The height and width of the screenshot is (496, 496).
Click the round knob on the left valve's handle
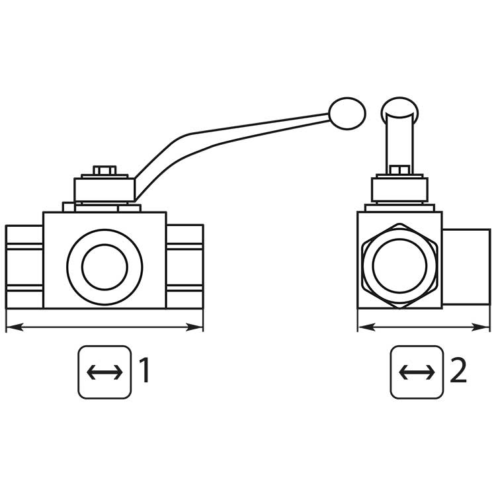pyautogui.click(x=347, y=113)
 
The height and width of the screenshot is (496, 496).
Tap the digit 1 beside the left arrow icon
pyautogui.click(x=144, y=370)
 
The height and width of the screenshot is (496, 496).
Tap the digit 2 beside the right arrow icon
pyautogui.click(x=458, y=370)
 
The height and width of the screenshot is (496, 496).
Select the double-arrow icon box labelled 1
pyautogui.click(x=104, y=372)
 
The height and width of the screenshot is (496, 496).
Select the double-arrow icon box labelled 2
pyautogui.click(x=417, y=372)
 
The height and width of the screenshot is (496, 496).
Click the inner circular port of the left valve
pyautogui.click(x=104, y=267)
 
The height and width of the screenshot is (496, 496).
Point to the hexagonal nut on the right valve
pyautogui.click(x=400, y=266)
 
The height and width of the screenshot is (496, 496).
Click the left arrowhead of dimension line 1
pyautogui.click(x=15, y=327)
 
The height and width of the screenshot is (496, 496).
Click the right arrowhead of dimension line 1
pyautogui.click(x=194, y=327)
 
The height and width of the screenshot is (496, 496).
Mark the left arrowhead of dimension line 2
pyautogui.click(x=366, y=327)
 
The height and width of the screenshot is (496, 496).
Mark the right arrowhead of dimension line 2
pyautogui.click(x=481, y=327)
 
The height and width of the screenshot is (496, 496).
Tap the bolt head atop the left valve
pyautogui.click(x=104, y=170)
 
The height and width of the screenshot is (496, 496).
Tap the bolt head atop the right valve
pyautogui.click(x=400, y=170)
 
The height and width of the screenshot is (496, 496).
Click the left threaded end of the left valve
pyautogui.click(x=24, y=267)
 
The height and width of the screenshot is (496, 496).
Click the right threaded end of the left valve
pyautogui.click(x=185, y=267)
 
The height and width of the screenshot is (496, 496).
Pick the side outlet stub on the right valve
pyautogui.click(x=466, y=267)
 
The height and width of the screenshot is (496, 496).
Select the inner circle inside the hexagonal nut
pyautogui.click(x=400, y=265)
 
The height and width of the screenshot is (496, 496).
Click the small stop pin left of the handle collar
pyautogui.click(x=69, y=206)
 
